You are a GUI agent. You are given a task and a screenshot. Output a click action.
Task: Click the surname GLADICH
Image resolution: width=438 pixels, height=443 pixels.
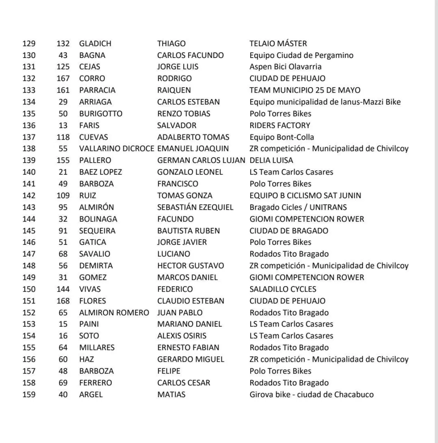[x=95, y=44]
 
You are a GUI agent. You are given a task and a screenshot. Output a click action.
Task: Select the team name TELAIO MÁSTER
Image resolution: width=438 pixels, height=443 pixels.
[x=278, y=44]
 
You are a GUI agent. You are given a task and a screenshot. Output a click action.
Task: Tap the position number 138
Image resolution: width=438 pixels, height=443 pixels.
[x=29, y=149]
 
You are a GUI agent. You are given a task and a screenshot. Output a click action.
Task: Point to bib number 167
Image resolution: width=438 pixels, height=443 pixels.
[x=63, y=79]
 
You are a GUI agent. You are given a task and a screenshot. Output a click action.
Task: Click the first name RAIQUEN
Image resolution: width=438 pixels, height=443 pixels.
[x=174, y=90]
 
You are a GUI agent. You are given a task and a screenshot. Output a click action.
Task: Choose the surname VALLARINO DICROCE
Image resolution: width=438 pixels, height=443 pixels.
[x=116, y=149]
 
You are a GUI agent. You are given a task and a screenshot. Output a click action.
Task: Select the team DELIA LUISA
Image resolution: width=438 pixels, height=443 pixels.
[x=271, y=161]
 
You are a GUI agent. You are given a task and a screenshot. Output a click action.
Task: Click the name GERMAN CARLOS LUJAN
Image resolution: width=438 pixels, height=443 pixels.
[x=201, y=161]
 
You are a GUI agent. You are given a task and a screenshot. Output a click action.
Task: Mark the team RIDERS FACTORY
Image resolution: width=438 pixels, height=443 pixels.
[x=280, y=126]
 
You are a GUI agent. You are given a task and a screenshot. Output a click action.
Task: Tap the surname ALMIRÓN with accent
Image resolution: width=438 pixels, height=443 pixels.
[x=96, y=207]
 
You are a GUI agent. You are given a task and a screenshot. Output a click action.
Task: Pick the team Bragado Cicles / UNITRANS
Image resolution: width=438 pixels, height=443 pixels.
[x=298, y=207]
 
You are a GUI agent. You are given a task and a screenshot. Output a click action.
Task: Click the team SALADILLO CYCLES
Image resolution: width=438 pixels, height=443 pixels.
[x=283, y=289]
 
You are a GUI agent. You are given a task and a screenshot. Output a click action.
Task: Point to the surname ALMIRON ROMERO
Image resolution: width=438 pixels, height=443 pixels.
[x=114, y=313]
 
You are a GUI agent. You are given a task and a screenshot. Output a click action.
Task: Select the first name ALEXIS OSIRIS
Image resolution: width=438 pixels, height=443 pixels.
[x=181, y=336]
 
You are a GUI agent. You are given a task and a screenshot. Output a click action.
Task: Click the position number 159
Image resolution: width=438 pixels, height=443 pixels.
[x=29, y=395]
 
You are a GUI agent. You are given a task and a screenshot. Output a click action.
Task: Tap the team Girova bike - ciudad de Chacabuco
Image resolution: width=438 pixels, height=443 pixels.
[x=311, y=395]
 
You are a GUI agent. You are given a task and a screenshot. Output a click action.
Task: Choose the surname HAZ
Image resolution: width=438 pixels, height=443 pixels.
[x=86, y=359]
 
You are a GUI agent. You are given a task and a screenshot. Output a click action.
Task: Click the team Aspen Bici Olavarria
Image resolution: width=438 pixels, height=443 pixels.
[x=285, y=67]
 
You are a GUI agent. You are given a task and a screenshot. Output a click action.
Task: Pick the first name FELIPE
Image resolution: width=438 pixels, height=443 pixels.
[x=169, y=371]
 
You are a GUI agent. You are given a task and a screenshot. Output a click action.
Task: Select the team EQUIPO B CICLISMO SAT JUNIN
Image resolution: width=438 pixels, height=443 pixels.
[x=305, y=196]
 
